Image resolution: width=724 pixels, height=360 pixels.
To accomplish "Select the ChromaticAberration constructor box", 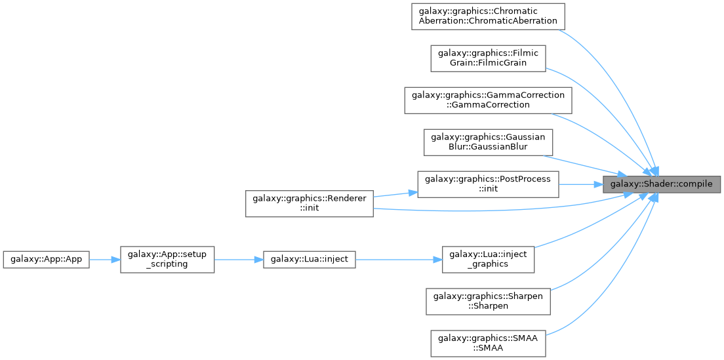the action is click(x=488, y=17).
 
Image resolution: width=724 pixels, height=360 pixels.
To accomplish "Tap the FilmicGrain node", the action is click(x=488, y=58).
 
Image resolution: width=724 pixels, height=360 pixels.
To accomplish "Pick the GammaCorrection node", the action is click(x=488, y=100).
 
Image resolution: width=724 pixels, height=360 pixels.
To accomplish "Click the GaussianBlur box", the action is click(x=488, y=142).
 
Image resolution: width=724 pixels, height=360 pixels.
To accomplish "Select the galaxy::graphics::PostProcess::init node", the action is click(x=488, y=185).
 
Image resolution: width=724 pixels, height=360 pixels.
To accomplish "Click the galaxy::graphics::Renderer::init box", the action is click(x=310, y=203).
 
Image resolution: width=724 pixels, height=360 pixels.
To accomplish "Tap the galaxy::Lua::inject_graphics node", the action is click(x=488, y=259).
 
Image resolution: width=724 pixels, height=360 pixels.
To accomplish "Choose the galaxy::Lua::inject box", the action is click(x=310, y=260).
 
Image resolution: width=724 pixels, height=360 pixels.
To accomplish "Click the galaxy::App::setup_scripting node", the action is click(x=167, y=260).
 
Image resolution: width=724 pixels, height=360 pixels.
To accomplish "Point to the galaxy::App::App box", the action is click(x=46, y=260).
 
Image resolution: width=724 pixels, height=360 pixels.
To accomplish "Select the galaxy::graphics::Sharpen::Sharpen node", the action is click(x=488, y=302).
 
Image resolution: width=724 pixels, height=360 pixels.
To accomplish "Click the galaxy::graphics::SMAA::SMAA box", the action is click(x=488, y=343).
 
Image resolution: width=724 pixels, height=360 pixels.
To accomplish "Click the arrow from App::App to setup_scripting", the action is click(x=105, y=260).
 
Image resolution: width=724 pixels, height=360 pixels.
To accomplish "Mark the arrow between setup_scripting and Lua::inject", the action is click(x=238, y=260).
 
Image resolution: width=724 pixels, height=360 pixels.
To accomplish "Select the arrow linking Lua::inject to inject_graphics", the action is click(x=399, y=260).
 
